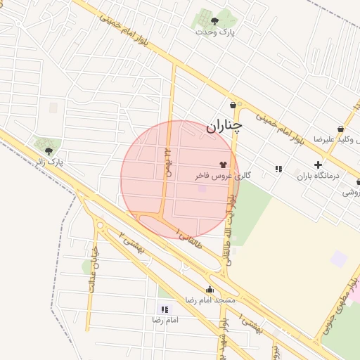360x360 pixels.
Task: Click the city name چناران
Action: (224, 127)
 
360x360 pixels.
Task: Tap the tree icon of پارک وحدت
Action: (214, 21)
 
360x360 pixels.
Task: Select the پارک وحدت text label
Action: (215, 32)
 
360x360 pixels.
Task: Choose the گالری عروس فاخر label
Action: (223, 175)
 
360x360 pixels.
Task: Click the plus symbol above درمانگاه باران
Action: (318, 165)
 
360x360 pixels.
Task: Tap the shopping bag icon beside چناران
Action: (233, 105)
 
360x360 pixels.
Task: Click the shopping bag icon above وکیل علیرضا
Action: (340, 129)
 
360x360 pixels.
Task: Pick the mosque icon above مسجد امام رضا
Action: (209, 289)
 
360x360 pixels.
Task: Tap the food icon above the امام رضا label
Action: (165, 309)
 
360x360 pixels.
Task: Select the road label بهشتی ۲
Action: (133, 243)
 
